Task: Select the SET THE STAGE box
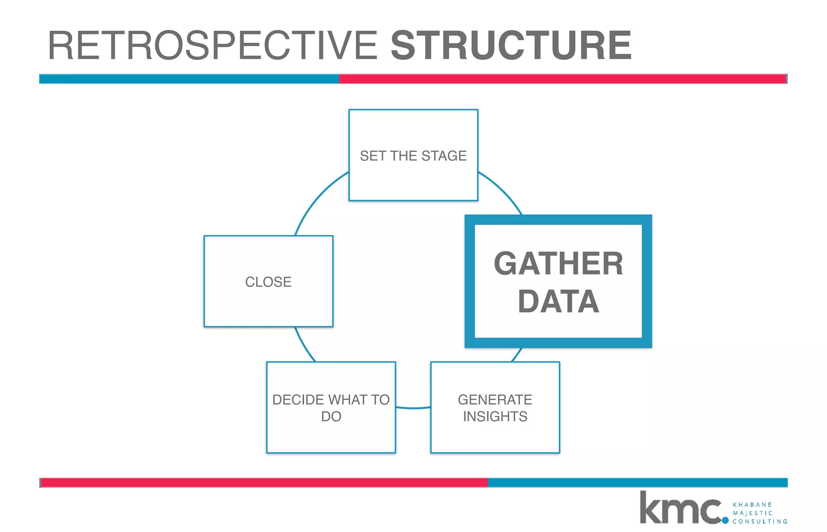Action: click(413, 155)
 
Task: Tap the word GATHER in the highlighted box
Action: click(558, 264)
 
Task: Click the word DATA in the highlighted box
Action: click(558, 302)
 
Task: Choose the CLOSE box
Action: click(269, 281)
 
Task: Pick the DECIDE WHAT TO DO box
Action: click(331, 407)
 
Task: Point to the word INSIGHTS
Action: click(495, 416)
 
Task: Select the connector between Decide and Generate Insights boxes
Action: click(413, 408)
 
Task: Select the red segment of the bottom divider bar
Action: click(264, 482)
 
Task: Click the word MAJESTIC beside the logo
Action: click(752, 513)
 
